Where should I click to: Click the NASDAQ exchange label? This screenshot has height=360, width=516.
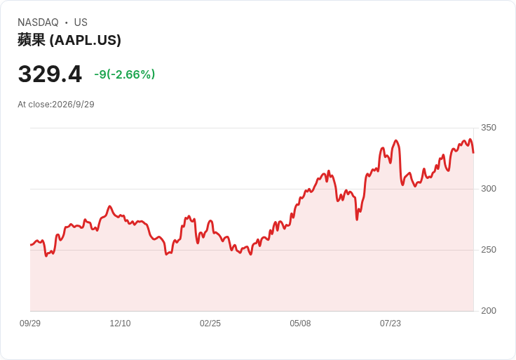[38, 22]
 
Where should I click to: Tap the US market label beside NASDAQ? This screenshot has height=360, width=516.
[81, 22]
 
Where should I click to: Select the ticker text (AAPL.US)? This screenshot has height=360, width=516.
[86, 40]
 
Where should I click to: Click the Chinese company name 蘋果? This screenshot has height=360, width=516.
[32, 40]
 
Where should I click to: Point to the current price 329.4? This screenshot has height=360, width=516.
[50, 74]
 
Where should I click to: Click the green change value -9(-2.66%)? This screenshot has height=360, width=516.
[124, 74]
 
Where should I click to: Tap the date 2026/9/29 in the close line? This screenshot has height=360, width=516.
[73, 105]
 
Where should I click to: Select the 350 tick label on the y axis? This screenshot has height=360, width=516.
[489, 128]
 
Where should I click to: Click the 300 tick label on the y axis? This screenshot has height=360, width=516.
[489, 189]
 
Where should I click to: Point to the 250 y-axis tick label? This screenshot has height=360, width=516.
[489, 250]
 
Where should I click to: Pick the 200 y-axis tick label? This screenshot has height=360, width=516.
[489, 311]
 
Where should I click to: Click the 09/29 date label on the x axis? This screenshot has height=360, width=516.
[30, 324]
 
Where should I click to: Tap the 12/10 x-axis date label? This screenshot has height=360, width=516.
[120, 324]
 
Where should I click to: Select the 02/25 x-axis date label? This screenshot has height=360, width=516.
[210, 324]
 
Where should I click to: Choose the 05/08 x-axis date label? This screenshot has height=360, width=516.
[300, 324]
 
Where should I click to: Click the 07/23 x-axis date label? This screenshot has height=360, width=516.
[391, 324]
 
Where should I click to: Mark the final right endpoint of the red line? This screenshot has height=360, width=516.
[473, 152]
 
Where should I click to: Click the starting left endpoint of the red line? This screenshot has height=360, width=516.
[31, 245]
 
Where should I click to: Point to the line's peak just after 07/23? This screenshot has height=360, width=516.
[396, 140]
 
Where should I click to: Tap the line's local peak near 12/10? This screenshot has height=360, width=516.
[109, 206]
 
